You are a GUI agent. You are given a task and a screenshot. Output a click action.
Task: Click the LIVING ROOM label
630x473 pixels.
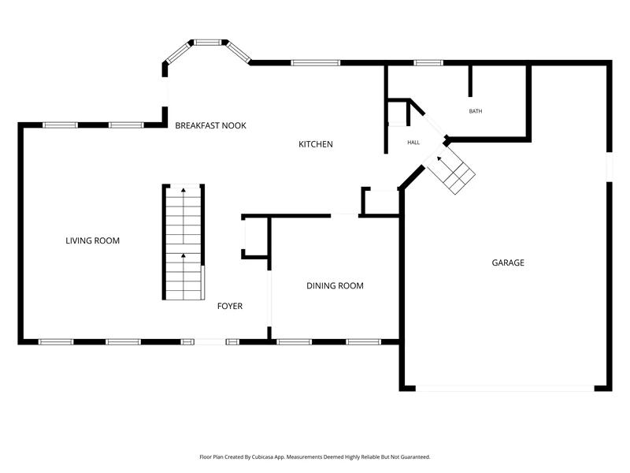(x=92, y=240)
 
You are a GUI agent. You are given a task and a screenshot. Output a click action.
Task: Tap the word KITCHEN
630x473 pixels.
(x=316, y=144)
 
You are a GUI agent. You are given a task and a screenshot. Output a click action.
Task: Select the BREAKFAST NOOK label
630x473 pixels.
(x=210, y=125)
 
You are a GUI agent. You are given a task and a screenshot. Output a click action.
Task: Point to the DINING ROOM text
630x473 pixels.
(x=335, y=285)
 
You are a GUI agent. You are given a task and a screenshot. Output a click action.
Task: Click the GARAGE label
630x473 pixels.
(x=508, y=263)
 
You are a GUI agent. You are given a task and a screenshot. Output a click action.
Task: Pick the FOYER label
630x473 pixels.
(x=230, y=306)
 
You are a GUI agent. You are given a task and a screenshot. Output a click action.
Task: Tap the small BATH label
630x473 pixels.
(x=476, y=111)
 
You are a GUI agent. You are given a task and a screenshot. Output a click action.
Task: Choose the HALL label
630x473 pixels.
(x=413, y=143)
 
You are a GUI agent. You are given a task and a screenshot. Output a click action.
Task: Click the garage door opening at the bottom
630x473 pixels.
(x=505, y=389)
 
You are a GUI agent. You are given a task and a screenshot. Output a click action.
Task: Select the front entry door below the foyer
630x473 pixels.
(x=210, y=342)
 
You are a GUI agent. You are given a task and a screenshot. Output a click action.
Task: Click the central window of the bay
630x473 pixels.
(x=208, y=42)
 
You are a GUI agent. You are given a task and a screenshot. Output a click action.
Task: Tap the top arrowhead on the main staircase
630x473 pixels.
(x=183, y=190)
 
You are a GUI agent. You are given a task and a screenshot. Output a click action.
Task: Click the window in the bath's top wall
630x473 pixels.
(x=428, y=63)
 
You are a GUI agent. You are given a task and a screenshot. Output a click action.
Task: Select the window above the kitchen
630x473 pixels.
(x=316, y=63)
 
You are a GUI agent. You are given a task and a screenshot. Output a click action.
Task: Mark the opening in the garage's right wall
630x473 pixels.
(x=610, y=166)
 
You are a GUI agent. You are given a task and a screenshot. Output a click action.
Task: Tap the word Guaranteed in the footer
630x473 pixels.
(x=417, y=457)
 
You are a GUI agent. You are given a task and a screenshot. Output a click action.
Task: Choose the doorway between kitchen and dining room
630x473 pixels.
(x=344, y=216)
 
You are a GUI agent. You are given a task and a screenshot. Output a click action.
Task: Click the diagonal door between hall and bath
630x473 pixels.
(x=435, y=125)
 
